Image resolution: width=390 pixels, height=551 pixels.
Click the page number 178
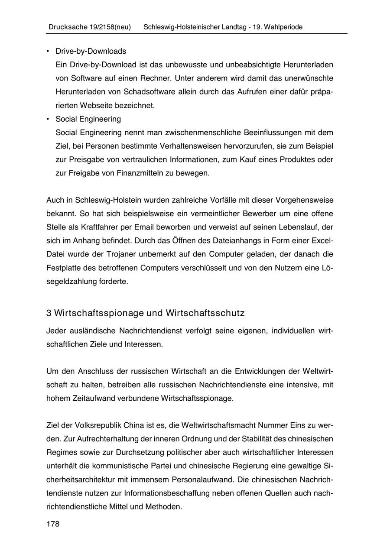coord(53,524)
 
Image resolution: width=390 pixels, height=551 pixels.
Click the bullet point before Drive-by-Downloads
coord(48,51)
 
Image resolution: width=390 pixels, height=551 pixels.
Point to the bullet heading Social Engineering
coord(88,119)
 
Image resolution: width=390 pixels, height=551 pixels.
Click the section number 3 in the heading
coord(49,313)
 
